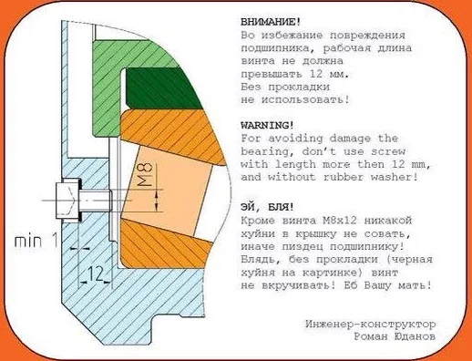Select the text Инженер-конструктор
(x=372, y=324)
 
